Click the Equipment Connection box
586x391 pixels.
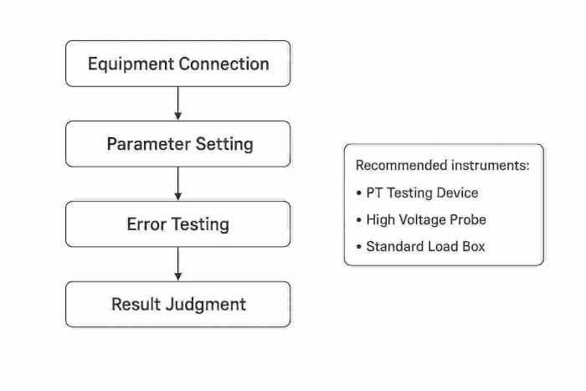point(178,64)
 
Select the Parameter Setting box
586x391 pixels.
point(178,144)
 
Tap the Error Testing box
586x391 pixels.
point(178,224)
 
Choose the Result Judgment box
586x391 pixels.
point(178,304)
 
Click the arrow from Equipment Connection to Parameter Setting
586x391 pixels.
point(178,103)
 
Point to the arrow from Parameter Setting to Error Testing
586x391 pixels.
point(178,183)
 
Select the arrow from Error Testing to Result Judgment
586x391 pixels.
point(178,264)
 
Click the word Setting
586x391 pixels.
point(224,144)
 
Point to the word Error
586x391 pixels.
point(146,224)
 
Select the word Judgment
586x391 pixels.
point(206,304)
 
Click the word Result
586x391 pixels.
point(136,304)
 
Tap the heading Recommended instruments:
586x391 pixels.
point(442,166)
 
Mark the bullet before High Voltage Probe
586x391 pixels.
point(359,220)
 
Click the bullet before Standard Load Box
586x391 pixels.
point(359,247)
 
